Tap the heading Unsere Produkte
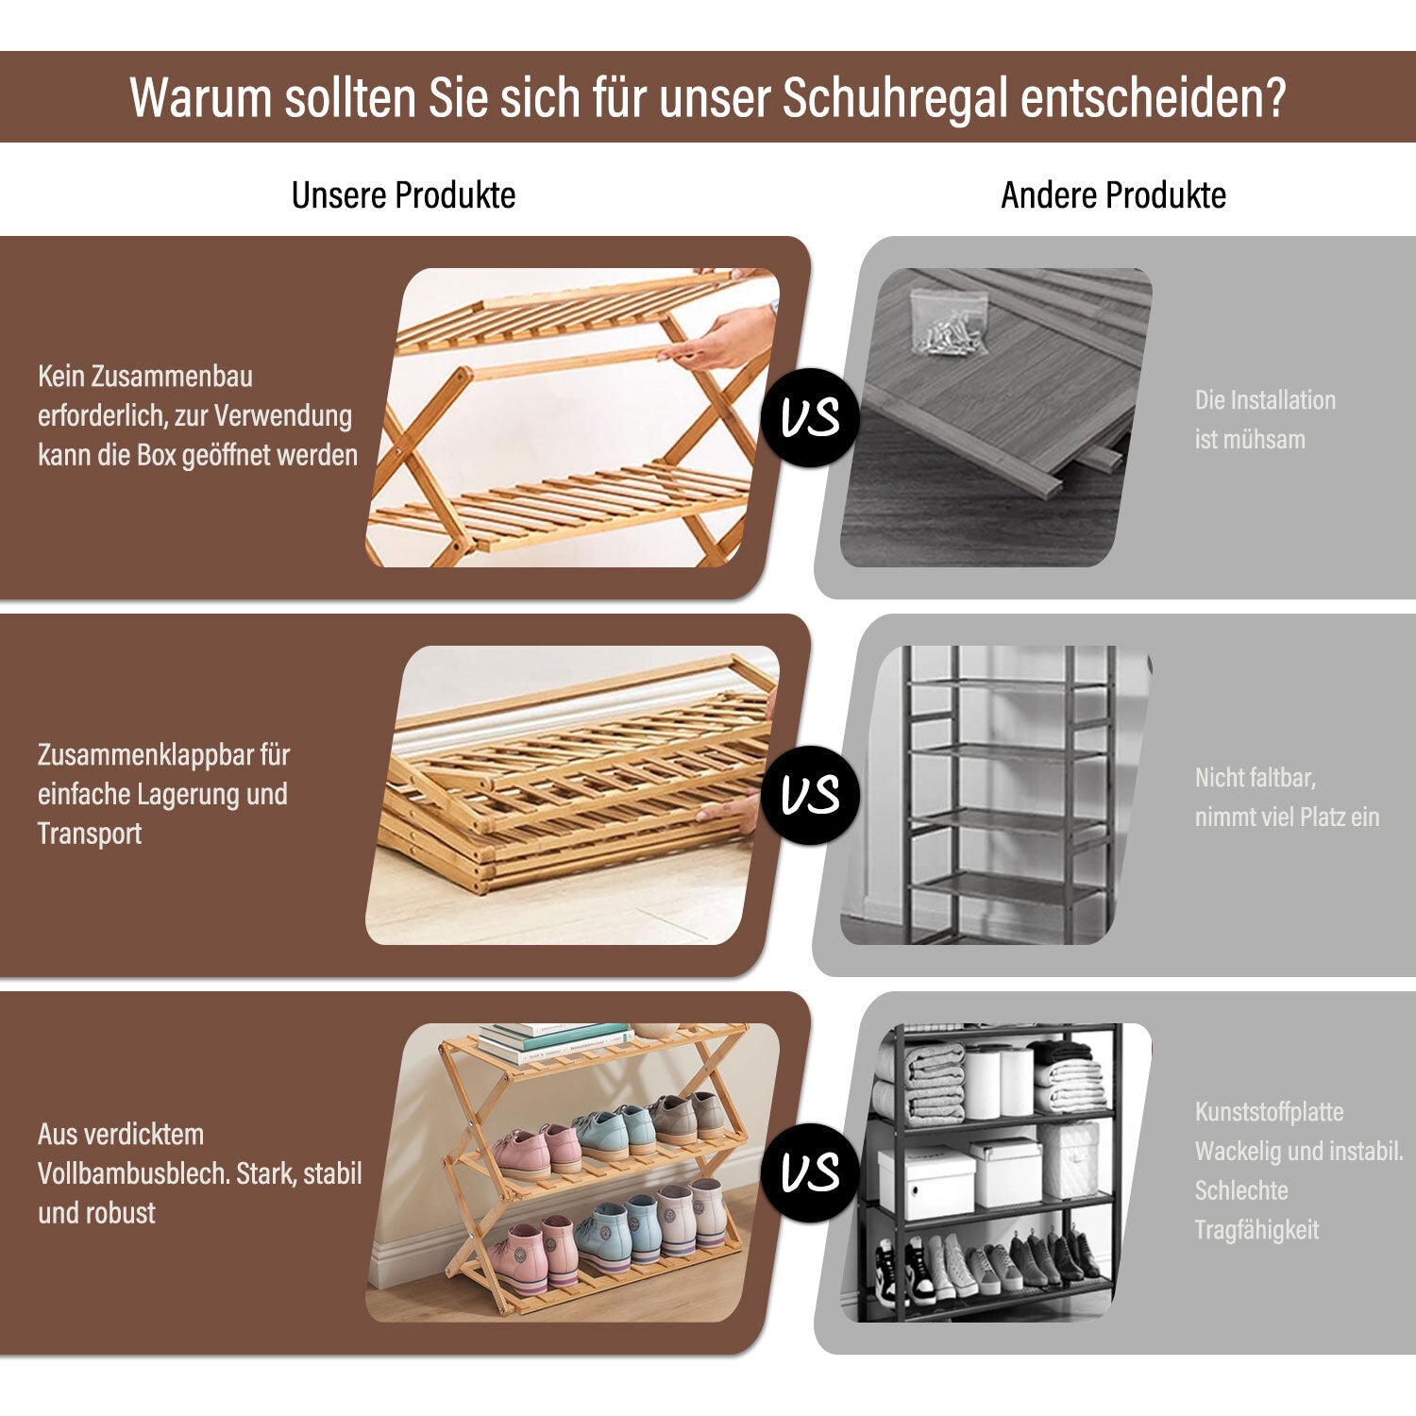pos(403,195)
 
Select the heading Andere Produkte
pos(1113,195)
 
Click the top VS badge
pos(810,417)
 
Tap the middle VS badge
pos(810,795)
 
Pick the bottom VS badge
pos(810,1172)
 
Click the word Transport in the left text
pos(90,834)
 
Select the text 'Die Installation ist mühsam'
pos(1265,419)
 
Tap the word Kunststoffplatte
pos(1269,1112)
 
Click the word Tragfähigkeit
pos(1256,1230)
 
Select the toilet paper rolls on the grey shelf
pos(999,1082)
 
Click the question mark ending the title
pos(1275,97)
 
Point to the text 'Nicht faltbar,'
pos(1256,778)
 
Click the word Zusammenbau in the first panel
pos(172,377)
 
